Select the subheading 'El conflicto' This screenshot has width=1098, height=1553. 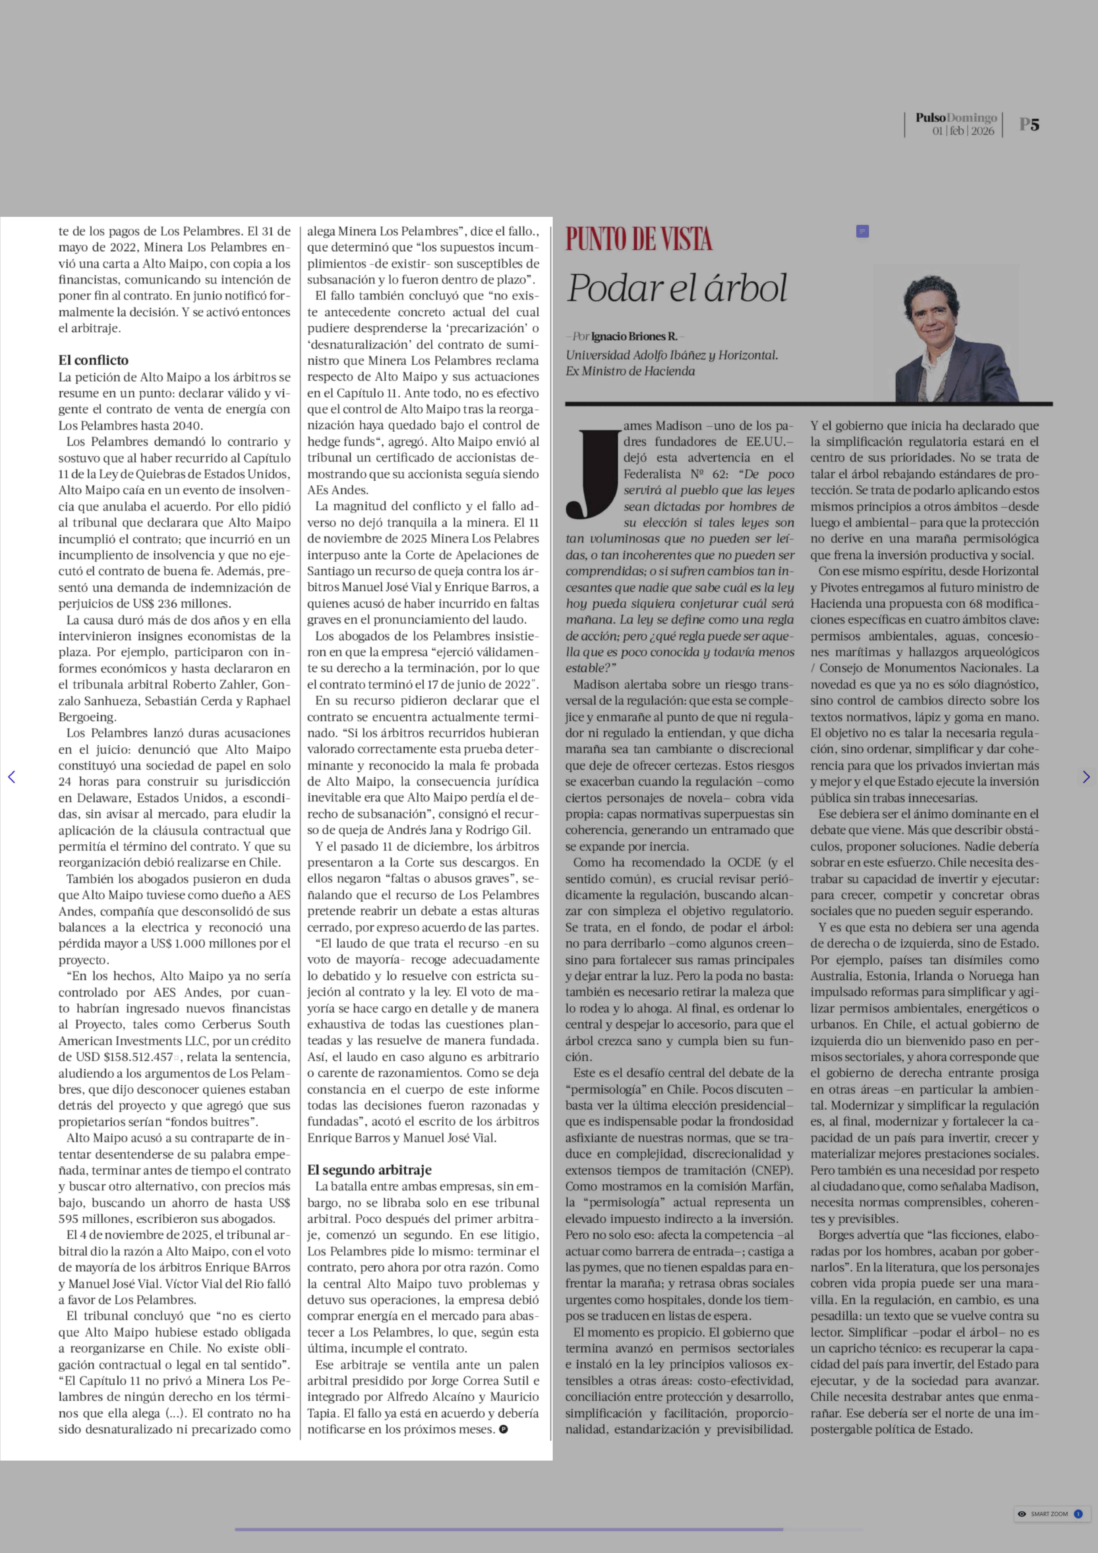(x=93, y=360)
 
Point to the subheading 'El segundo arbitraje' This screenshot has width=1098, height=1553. (x=369, y=1170)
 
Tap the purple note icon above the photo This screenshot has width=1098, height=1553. (x=862, y=231)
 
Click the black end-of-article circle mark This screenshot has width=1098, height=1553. (x=503, y=1429)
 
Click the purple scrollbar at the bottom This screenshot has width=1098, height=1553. (x=509, y=1529)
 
